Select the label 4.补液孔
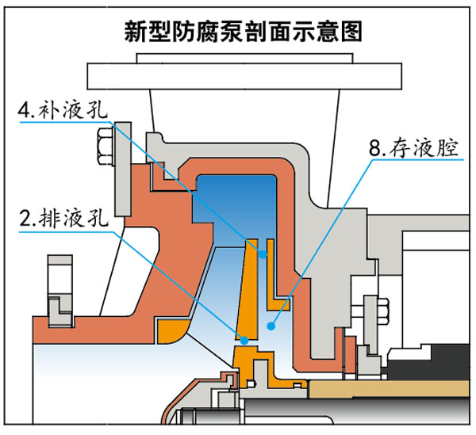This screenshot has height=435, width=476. pos(68,109)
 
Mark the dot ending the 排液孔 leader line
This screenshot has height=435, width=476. pos(244,340)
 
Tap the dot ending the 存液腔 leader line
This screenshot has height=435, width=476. pos(271,325)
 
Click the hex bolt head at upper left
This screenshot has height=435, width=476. pos(104,146)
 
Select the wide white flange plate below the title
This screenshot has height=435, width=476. pos(238,74)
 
